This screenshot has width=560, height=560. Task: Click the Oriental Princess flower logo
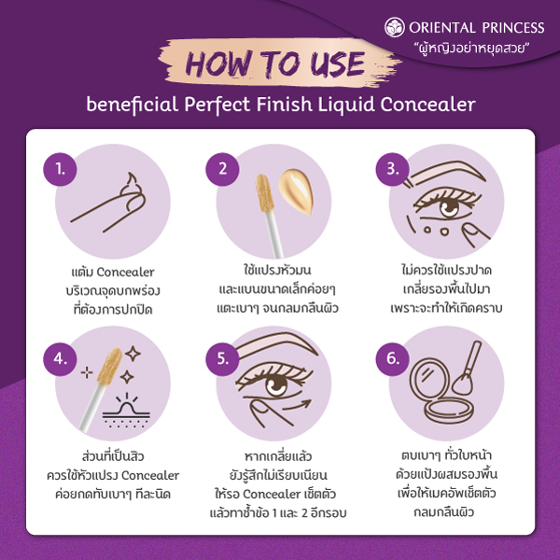tap(395, 27)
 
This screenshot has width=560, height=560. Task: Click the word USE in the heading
tap(337, 64)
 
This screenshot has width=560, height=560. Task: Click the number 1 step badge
tap(60, 169)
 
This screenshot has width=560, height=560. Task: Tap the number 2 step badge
tap(222, 169)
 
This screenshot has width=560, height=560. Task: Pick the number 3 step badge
tap(393, 169)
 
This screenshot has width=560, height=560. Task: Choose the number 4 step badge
tap(60, 359)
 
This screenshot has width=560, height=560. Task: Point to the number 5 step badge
tap(222, 359)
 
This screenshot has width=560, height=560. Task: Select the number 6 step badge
tap(393, 359)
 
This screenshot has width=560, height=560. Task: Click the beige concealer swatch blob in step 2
tap(296, 191)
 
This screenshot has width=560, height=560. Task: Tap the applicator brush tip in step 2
tap(265, 192)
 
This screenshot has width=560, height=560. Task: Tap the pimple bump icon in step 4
tap(127, 410)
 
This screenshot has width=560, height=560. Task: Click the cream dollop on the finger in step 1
tap(133, 189)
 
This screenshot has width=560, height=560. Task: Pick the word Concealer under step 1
tap(125, 273)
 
